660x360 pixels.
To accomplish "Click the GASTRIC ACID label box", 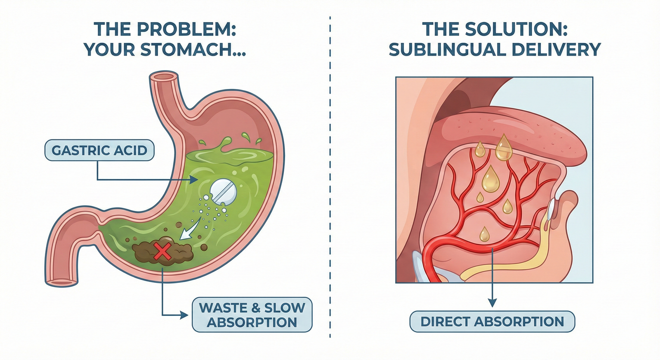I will [x=99, y=151].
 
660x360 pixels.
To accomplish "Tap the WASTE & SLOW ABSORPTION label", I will [x=252, y=315].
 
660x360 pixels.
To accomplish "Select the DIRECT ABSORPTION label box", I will [x=492, y=322].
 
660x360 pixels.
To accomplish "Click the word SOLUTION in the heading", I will [x=516, y=30].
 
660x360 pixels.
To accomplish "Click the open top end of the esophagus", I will [x=164, y=77].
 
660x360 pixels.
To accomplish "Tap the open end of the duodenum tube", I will [x=61, y=282].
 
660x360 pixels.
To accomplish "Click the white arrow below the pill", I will [x=189, y=233].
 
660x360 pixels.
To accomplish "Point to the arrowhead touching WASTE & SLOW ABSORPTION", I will [x=184, y=315].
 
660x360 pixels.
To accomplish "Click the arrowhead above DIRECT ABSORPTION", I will [x=492, y=303].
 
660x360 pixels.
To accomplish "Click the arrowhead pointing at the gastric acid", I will [x=193, y=180].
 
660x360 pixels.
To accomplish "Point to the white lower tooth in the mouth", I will [x=552, y=210].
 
